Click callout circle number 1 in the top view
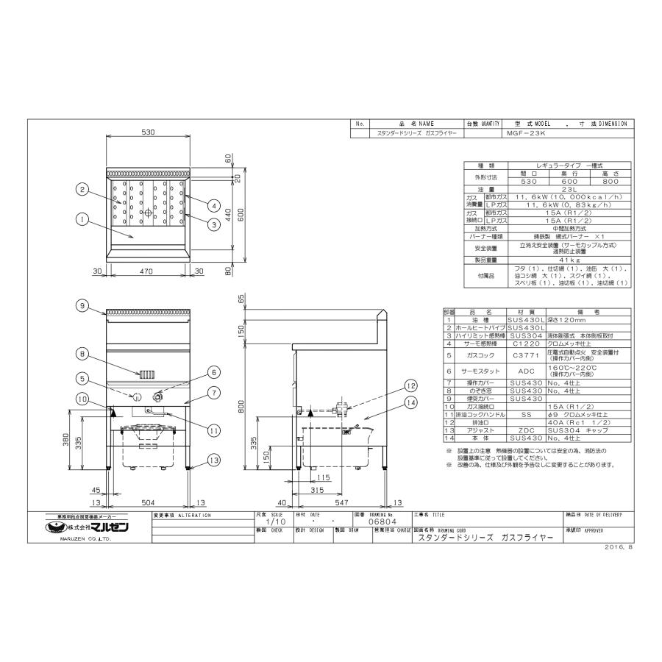(x=82, y=218)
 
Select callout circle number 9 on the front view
(x=82, y=305)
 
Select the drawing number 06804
(x=377, y=523)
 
